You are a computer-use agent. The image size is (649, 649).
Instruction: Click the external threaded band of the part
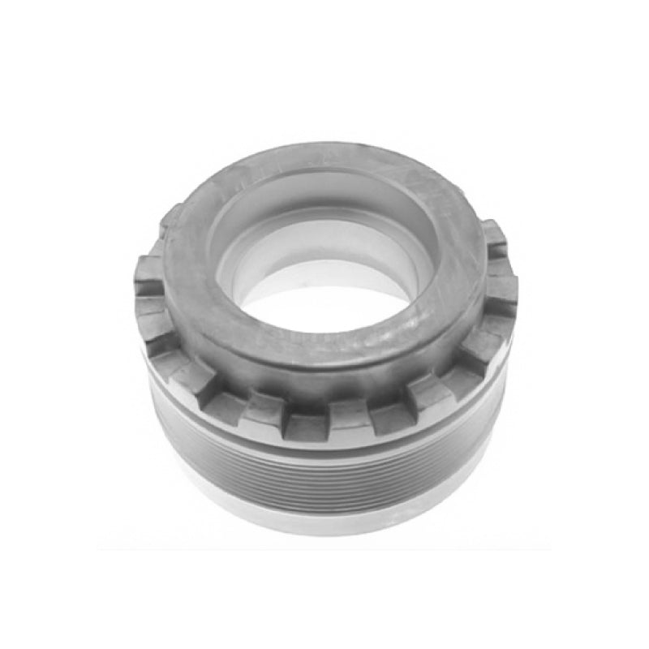click(324, 475)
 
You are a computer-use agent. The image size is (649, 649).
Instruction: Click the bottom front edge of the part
click(324, 533)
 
